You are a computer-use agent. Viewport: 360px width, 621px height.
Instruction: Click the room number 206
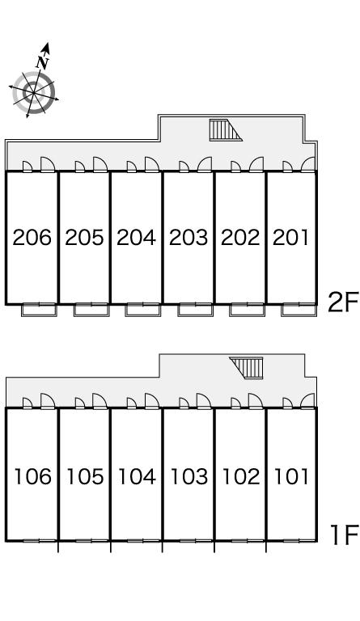tap(32, 238)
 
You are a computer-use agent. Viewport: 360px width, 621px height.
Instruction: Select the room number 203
tap(188, 238)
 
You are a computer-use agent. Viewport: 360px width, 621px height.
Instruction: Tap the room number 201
tap(290, 238)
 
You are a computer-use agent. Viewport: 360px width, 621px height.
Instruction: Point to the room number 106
tap(33, 476)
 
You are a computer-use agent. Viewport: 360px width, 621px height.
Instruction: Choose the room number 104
tap(137, 476)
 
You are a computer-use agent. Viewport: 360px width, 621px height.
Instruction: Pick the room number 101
tap(291, 476)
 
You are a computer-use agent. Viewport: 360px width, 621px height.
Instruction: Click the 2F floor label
tap(343, 302)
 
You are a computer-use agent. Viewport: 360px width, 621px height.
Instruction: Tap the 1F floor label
tap(345, 534)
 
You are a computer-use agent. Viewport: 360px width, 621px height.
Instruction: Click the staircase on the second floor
tap(226, 130)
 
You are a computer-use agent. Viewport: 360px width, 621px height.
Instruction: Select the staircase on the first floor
tap(247, 368)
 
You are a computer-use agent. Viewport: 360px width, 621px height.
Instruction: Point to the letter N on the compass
tap(42, 62)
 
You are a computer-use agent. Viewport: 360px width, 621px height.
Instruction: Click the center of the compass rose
tap(34, 93)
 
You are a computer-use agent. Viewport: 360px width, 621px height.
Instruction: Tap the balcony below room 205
tap(91, 310)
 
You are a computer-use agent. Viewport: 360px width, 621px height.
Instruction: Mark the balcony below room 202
tap(247, 310)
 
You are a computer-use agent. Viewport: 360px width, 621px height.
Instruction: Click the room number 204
tap(136, 238)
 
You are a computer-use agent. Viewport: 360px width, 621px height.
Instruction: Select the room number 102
tap(241, 476)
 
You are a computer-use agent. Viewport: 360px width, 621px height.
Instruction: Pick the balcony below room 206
tap(39, 310)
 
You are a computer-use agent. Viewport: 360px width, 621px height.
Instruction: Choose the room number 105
tap(85, 476)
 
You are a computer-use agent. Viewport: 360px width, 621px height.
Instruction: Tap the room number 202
tap(240, 238)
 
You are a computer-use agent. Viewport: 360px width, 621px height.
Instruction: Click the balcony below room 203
tap(195, 310)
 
